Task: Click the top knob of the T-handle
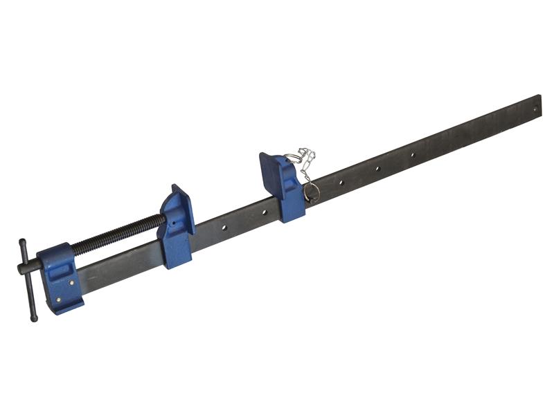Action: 22,243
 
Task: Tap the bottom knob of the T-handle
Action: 33,317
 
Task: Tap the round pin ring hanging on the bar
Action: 312,191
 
